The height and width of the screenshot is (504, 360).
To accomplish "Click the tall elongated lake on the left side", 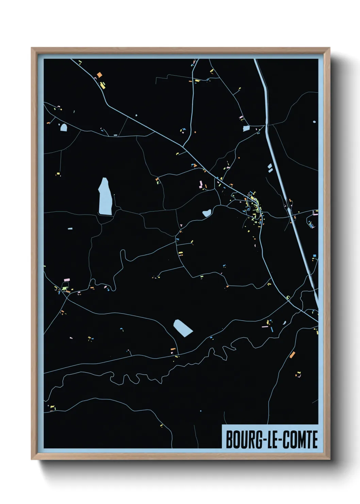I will point(105,197).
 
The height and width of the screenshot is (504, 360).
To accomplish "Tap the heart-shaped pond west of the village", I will point(207,214).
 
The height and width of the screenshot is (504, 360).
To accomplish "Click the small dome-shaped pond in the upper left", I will point(63,128).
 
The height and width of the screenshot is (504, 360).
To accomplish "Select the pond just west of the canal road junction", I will point(246,128).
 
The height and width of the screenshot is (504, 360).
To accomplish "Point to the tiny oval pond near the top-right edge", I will point(314,122).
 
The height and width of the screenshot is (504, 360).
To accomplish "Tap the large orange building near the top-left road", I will point(99,75).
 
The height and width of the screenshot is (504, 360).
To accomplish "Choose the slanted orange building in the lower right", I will point(292,355).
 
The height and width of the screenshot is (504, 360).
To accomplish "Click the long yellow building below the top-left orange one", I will point(102,85).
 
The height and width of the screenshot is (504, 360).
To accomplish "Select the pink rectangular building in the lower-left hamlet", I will point(66,280).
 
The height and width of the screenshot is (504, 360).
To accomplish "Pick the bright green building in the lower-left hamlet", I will point(65,288).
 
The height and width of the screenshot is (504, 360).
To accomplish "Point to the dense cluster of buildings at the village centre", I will point(253,206).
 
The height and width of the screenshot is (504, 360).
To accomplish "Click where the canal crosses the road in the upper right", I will point(266,125).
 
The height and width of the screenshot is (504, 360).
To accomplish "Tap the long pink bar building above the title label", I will point(264,327).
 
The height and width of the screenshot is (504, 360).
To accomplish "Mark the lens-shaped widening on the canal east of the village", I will point(290,211).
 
